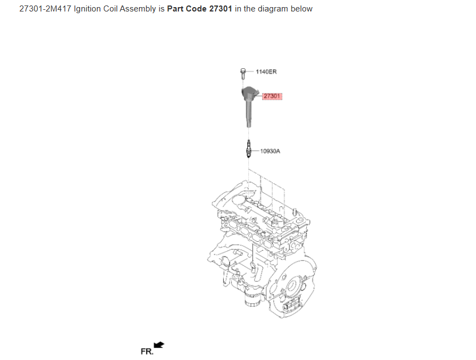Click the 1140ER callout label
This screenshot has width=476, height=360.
[x=266, y=72]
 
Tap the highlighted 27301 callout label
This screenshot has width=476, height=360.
[x=272, y=96]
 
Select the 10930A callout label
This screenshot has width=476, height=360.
[x=270, y=151]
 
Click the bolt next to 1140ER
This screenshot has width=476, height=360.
[x=242, y=73]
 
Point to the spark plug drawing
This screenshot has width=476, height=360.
[x=248, y=149]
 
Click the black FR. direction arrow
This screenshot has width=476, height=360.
[x=159, y=345]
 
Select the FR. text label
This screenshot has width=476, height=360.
[x=147, y=351]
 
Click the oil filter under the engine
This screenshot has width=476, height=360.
[x=252, y=299]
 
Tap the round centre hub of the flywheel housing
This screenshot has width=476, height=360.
[x=292, y=286]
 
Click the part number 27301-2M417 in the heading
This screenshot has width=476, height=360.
[x=45, y=9]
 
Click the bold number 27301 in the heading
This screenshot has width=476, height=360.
[x=220, y=9]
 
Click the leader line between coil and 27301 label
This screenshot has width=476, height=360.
[x=259, y=96]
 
